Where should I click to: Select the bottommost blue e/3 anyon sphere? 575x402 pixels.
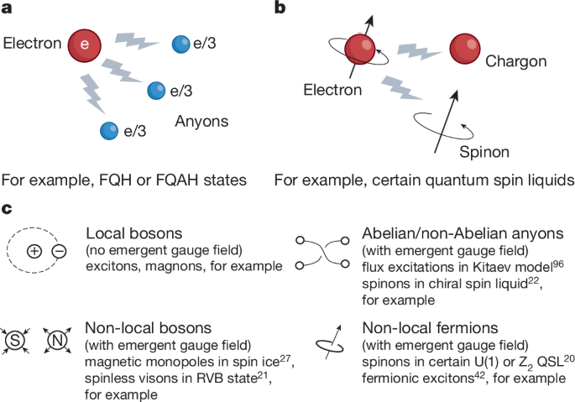pos(108,131)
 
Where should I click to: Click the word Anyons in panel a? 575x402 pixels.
pos(201,121)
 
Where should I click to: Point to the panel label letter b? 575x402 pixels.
pos(281,9)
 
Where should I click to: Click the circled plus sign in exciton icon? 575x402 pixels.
pos(34,252)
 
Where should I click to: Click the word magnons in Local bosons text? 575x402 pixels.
pos(180,267)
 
